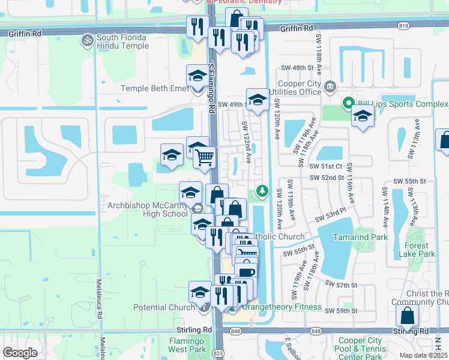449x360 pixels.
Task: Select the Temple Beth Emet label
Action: click(x=155, y=88)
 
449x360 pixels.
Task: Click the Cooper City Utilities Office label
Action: click(x=298, y=88)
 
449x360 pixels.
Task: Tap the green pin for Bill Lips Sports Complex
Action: click(x=347, y=104)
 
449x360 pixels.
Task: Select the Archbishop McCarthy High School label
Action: click(x=148, y=209)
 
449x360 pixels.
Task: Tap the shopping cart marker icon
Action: click(x=205, y=157)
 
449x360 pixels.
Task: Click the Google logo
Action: click(x=20, y=353)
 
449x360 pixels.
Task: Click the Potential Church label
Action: click(x=164, y=308)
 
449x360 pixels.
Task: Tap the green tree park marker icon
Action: click(x=261, y=191)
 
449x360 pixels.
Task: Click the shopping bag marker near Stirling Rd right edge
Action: click(x=408, y=314)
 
